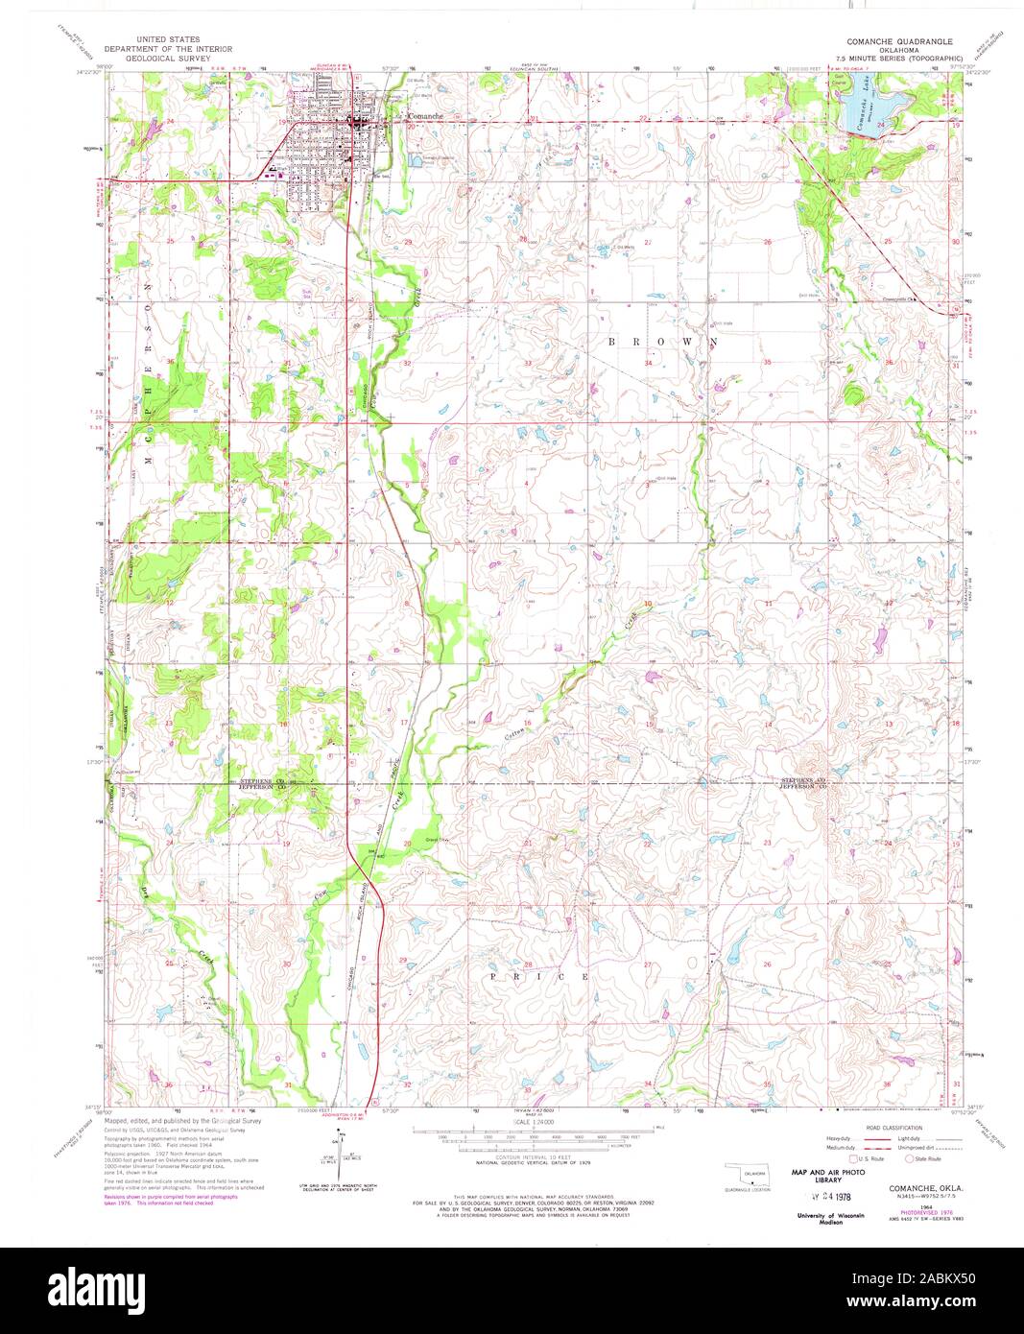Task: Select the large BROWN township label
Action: [x=661, y=341]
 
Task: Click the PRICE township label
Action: [x=539, y=976]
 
